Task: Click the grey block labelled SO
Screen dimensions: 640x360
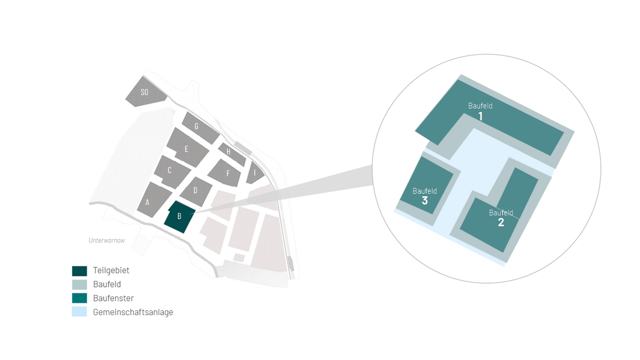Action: point(145,92)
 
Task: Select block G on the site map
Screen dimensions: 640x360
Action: point(200,127)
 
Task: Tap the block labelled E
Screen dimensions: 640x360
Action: point(187,147)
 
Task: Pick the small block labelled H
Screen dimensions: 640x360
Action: point(231,154)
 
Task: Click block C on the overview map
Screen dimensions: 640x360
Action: point(172,172)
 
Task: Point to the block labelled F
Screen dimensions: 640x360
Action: point(225,173)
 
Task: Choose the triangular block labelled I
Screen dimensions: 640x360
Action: point(254,173)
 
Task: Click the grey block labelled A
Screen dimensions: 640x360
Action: point(154,200)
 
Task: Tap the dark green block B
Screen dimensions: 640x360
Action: point(180,217)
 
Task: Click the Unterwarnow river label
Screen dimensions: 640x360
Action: point(107,241)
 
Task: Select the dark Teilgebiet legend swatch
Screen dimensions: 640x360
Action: point(79,271)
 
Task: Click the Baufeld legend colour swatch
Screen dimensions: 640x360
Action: point(79,285)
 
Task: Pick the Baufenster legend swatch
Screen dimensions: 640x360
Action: point(79,298)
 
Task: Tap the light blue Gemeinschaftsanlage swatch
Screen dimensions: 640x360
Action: point(79,311)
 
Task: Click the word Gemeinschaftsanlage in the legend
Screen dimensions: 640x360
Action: point(133,312)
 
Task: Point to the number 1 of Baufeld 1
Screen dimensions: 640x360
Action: point(481,116)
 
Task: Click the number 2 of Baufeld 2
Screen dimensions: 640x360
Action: point(501,222)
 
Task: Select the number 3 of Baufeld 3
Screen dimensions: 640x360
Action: point(425,201)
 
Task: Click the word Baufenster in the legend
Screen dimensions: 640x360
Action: point(114,298)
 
